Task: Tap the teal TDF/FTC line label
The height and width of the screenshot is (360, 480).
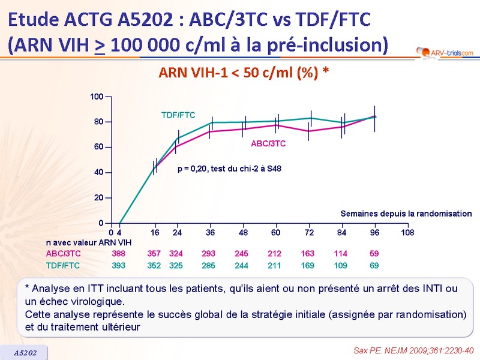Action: (x=178, y=115)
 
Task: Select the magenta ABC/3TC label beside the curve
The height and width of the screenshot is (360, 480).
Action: (x=268, y=144)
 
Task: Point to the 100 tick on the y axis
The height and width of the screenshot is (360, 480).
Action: (x=97, y=97)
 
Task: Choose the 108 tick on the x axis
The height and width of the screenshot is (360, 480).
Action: (x=407, y=232)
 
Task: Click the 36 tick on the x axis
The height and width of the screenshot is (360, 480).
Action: (x=210, y=232)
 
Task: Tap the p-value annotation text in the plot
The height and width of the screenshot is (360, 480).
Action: (x=229, y=169)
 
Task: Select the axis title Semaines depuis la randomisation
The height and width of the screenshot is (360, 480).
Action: (x=406, y=214)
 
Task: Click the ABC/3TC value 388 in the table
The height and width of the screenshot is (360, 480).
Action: (x=119, y=254)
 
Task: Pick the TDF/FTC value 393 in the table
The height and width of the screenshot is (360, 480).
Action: (x=119, y=265)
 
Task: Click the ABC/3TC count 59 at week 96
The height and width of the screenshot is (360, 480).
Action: (x=374, y=254)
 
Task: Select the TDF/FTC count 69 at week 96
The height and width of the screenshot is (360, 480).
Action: (x=374, y=265)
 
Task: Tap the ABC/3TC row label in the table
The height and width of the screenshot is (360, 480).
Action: (x=63, y=254)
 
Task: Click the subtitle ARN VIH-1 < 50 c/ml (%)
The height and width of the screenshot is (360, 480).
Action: (x=244, y=73)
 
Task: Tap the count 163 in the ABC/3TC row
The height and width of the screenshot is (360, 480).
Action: (x=307, y=254)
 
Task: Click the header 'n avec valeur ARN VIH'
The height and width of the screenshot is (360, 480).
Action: (x=89, y=242)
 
